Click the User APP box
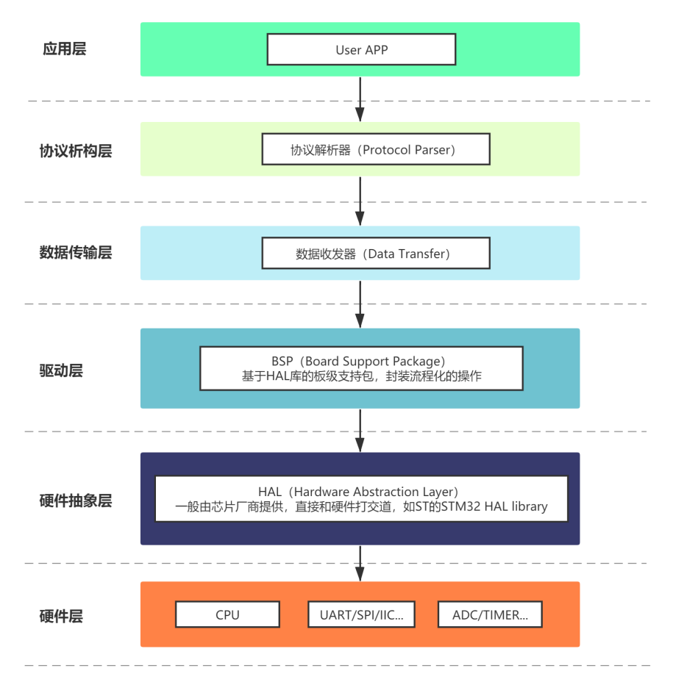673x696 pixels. pyautogui.click(x=361, y=50)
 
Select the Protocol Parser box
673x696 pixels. pyautogui.click(x=375, y=149)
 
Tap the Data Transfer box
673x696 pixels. pyautogui.click(x=375, y=254)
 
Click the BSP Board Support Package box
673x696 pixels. pyautogui.click(x=361, y=368)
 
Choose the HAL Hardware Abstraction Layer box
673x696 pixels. pyautogui.click(x=361, y=499)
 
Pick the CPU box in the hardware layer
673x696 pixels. pyautogui.click(x=227, y=615)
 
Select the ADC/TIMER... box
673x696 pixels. pyautogui.click(x=490, y=615)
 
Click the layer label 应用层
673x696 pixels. pyautogui.click(x=65, y=49)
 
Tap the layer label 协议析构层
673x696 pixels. pyautogui.click(x=76, y=151)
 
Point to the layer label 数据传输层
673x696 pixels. pyautogui.click(x=76, y=253)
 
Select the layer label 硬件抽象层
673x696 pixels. pyautogui.click(x=76, y=501)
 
